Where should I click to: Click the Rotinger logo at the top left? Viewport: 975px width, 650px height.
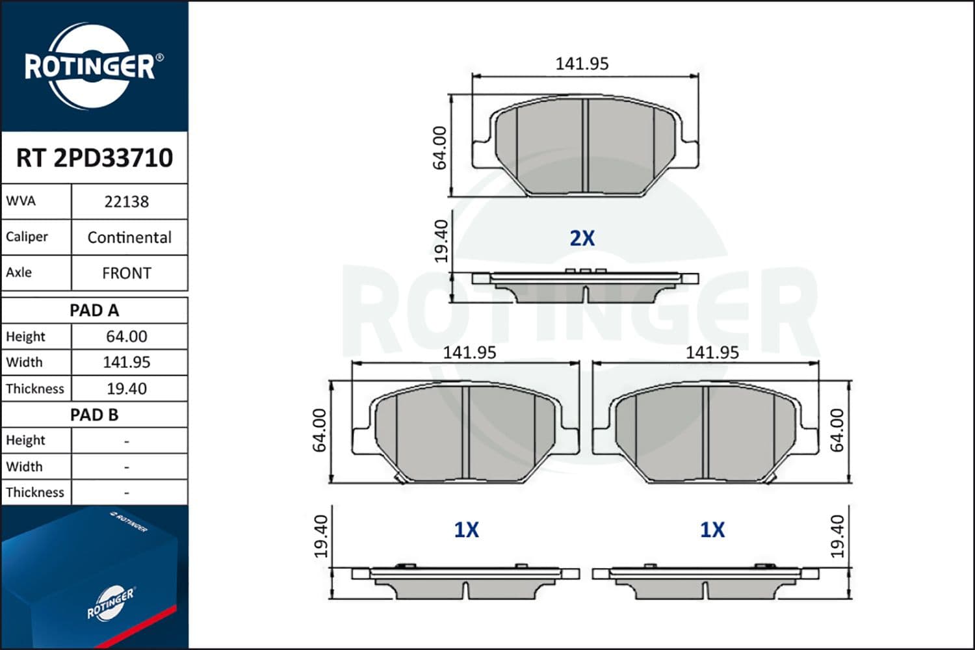point(91,66)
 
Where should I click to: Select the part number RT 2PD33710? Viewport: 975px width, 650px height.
point(94,158)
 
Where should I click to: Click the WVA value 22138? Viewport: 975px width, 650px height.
point(127,202)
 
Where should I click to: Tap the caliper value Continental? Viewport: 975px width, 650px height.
point(129,237)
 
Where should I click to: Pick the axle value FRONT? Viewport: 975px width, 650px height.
point(127,273)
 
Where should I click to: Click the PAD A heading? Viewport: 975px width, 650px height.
point(94,311)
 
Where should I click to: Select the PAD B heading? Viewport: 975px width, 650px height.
point(94,415)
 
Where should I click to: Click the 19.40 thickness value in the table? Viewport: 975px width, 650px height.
point(127,389)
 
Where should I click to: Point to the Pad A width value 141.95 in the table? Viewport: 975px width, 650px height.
point(127,362)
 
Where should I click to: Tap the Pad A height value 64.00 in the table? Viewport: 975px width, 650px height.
point(127,337)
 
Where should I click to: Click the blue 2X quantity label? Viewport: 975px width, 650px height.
point(582,239)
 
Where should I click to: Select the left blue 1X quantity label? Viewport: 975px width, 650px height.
point(466,530)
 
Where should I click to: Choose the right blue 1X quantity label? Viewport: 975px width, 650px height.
point(712,530)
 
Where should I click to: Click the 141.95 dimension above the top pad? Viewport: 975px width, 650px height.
point(582,64)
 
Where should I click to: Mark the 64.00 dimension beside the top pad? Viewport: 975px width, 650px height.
point(440,148)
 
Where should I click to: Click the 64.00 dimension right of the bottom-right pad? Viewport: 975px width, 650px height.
point(837,430)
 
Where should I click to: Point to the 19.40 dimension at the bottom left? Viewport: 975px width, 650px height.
point(320,536)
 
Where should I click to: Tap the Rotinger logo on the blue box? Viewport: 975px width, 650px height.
point(110,603)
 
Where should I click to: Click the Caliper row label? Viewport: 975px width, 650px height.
point(27,237)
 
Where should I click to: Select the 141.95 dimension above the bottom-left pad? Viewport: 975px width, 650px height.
point(469,352)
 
